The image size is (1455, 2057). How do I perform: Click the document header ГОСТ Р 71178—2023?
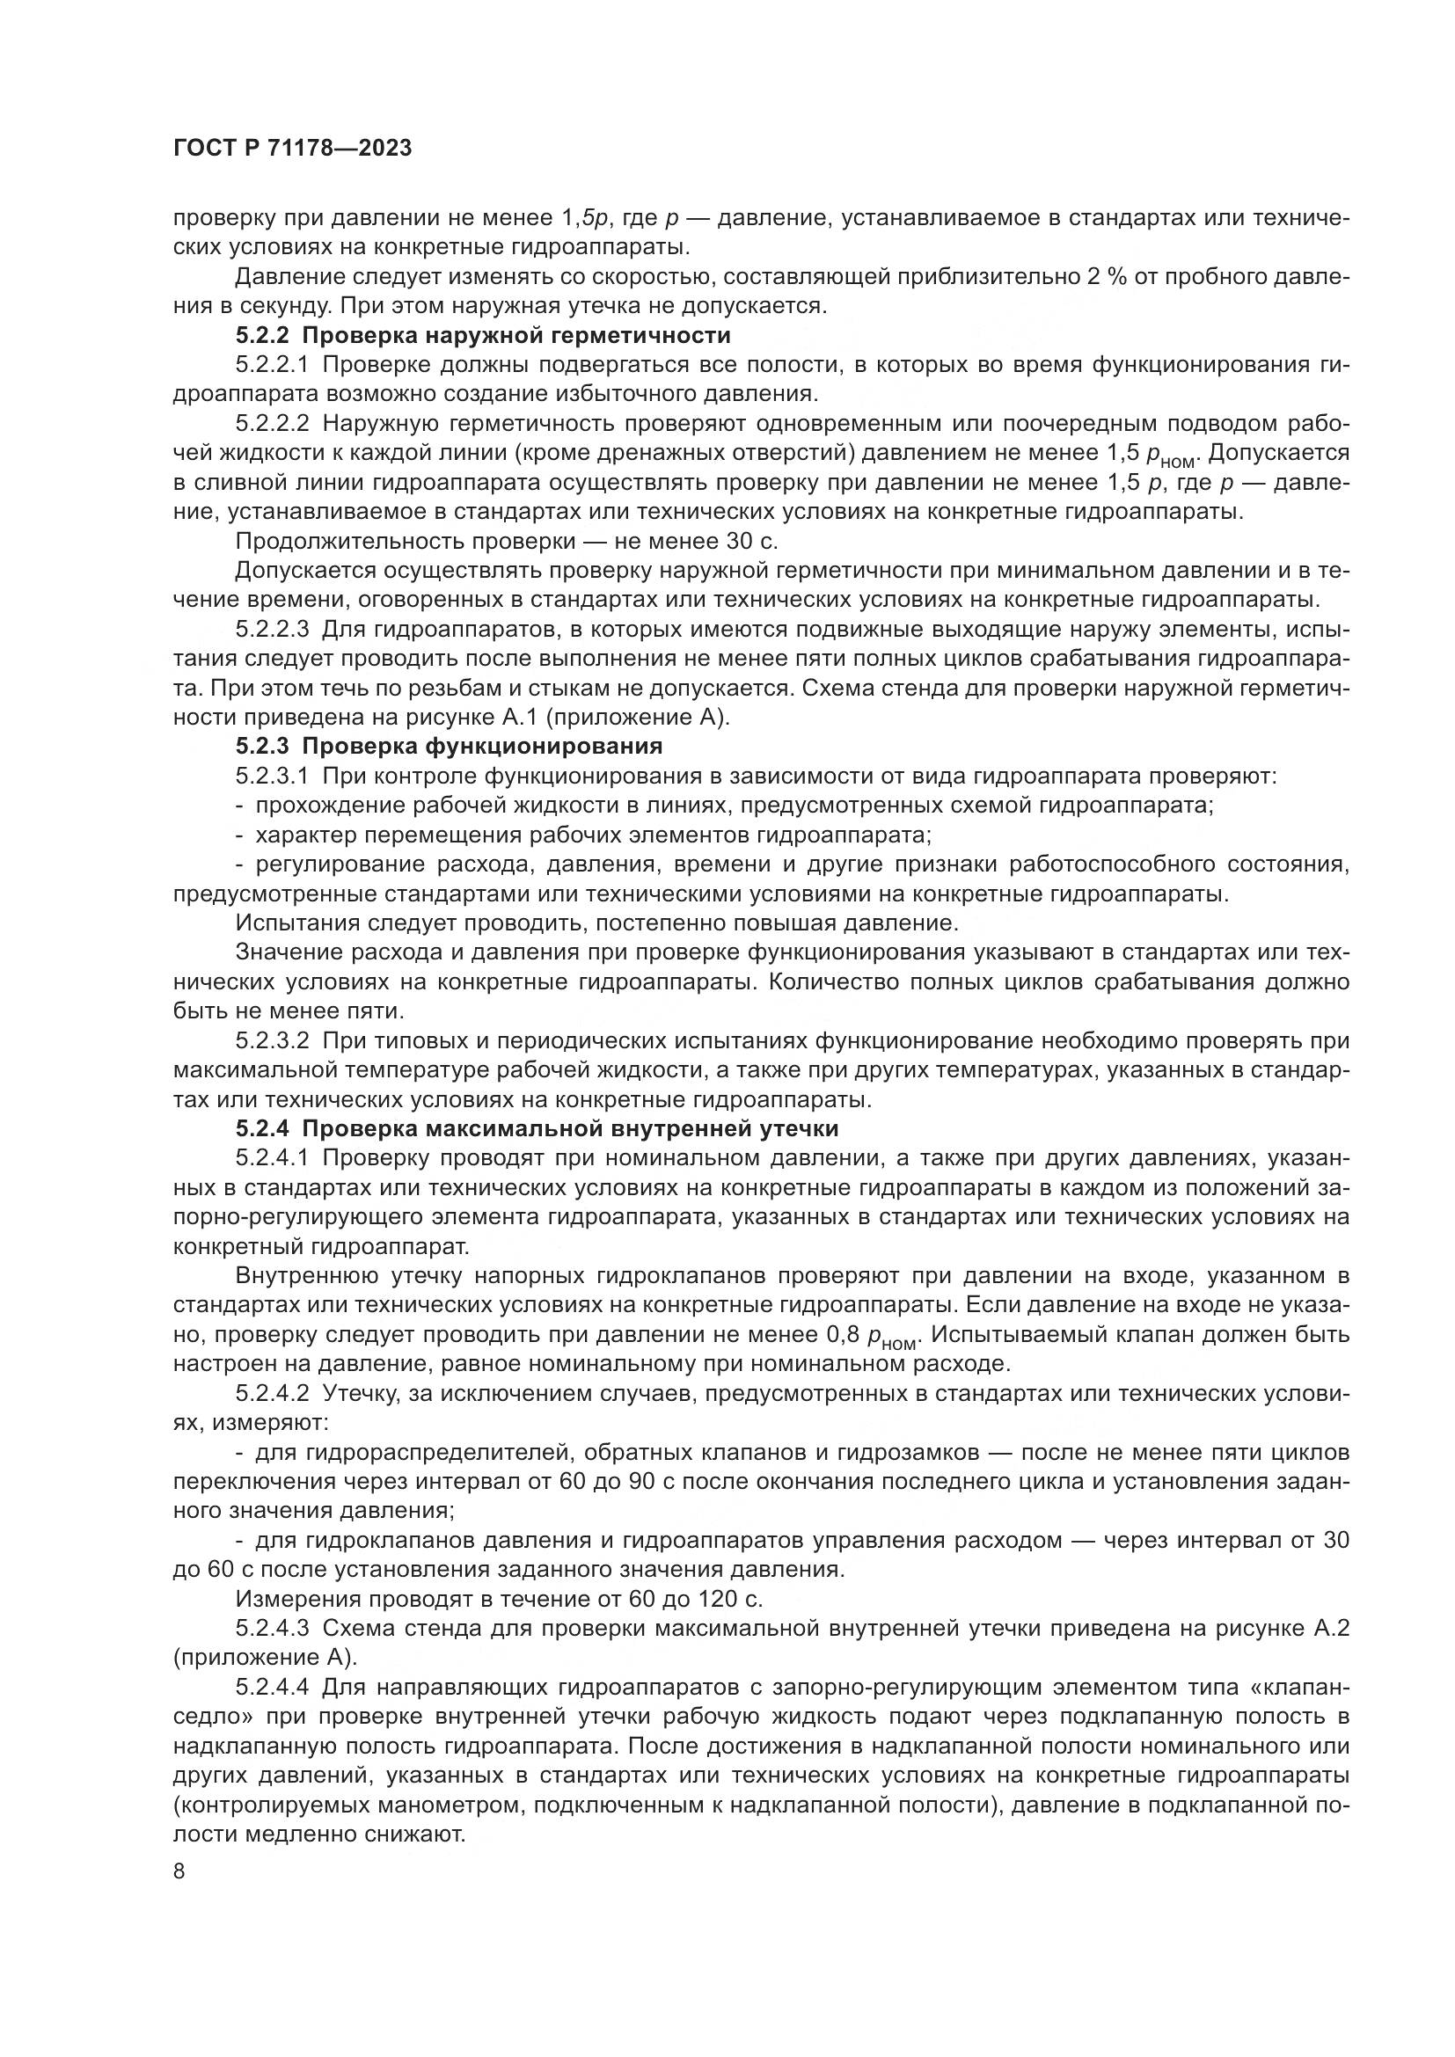click(x=292, y=149)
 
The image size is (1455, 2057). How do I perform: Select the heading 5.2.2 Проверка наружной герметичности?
click(x=484, y=336)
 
